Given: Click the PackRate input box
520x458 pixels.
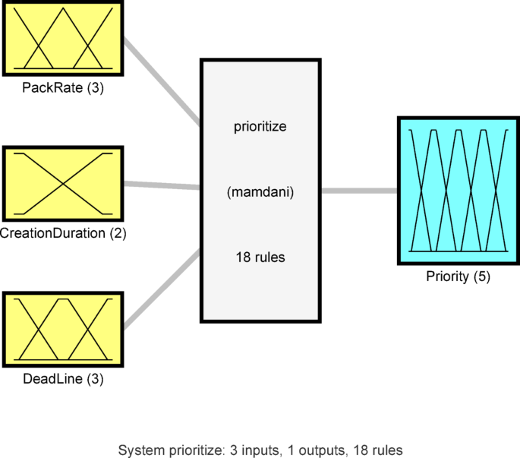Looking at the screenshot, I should point(63,38).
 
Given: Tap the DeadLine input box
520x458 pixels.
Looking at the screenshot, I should point(63,327).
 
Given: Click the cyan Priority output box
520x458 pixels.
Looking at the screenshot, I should point(458,191).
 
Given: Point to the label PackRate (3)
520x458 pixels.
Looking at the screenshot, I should point(63,88).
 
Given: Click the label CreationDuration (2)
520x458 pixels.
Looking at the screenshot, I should point(63,233).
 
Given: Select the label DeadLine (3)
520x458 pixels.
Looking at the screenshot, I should point(63,377).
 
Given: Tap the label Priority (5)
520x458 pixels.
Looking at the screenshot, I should point(458,276).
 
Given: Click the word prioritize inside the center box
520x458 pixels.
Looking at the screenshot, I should point(260,126).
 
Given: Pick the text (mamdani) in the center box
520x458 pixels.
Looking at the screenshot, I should point(260,192).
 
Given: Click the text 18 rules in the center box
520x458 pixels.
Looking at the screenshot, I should point(260,257).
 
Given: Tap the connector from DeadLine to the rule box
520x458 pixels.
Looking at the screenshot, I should point(162,289).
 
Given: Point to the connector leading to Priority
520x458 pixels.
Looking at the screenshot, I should point(359,191).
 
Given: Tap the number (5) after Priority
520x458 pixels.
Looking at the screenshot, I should point(481,276).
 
